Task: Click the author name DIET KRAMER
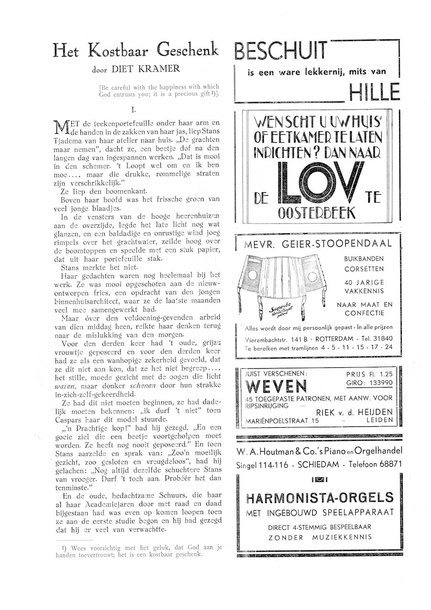coord(146,68)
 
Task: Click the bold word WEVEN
coord(275,386)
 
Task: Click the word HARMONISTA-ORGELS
coord(319,497)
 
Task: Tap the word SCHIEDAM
coord(310,464)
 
